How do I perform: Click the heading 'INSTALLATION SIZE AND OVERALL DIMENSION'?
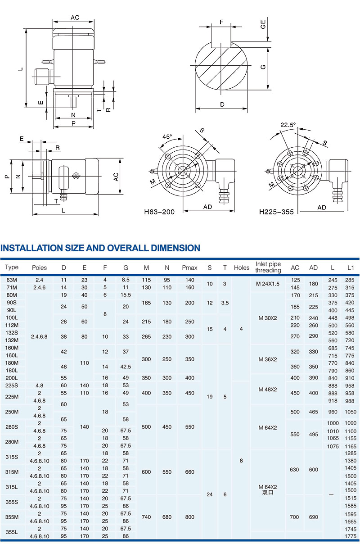pos(100,248)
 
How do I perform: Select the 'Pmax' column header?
pos(189,267)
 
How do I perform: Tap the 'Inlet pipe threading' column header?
pos(268,267)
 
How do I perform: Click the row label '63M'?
pos(12,280)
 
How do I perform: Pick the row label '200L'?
pos(12,378)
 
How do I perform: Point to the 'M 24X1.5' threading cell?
pos(268,284)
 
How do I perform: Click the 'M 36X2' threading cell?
pos(268,359)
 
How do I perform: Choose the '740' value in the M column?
pos(146,517)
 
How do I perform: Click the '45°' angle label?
pos(167,136)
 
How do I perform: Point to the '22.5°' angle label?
pos(288,125)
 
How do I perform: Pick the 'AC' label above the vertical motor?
pos(75,18)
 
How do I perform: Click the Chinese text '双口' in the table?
pos(268,493)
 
